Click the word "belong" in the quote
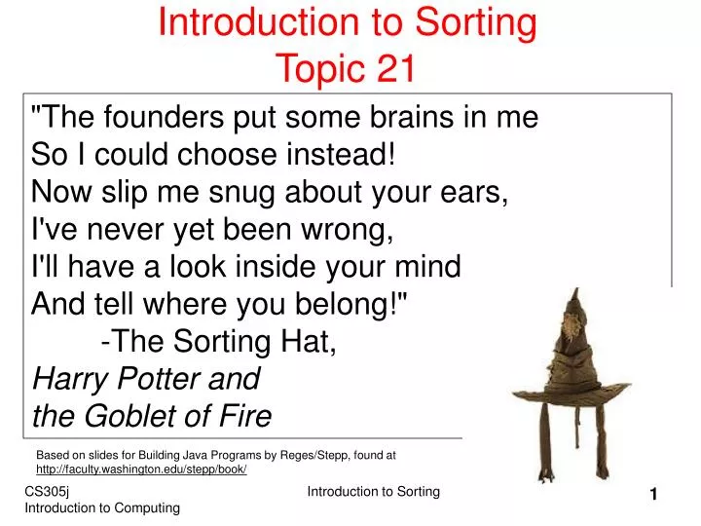pyautogui.click(x=347, y=305)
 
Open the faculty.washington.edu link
pyautogui.click(x=141, y=469)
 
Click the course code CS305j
pyautogui.click(x=47, y=493)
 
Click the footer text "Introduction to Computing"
pyautogui.click(x=102, y=508)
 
